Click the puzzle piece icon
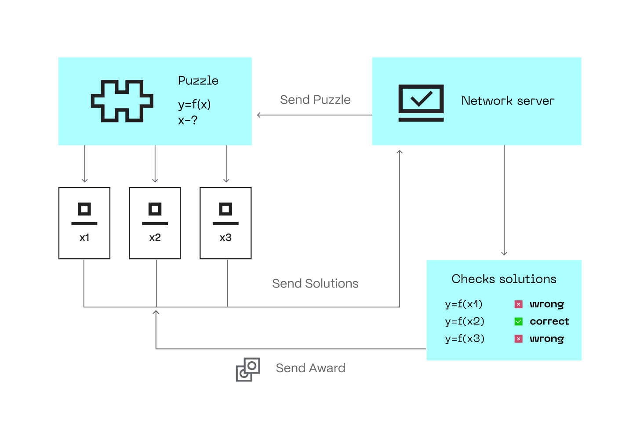[122, 101]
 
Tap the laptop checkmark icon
[421, 103]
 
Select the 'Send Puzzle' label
[315, 100]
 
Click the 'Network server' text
[508, 101]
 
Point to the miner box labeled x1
[84, 223]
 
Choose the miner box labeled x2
[155, 223]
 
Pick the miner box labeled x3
[225, 223]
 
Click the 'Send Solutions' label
[315, 284]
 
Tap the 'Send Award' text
[310, 368]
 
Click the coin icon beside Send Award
[248, 369]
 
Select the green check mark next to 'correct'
[519, 321]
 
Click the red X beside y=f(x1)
[519, 304]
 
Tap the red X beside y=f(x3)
[519, 339]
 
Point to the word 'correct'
[549, 321]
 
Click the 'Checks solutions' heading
[504, 279]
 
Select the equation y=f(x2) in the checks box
[465, 321]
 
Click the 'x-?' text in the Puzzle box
[188, 120]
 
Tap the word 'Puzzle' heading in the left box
[198, 81]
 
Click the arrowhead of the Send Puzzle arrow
[258, 115]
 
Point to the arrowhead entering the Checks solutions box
[504, 254]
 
